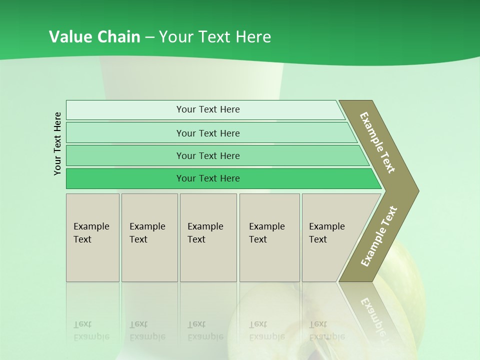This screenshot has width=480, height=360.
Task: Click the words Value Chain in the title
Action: coord(94,37)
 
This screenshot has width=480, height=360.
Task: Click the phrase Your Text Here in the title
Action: coord(215,37)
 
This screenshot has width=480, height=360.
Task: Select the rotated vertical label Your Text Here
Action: coord(57,143)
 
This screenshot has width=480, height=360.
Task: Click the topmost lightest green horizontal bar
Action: coord(207,109)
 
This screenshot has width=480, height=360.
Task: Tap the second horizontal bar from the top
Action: coord(207,133)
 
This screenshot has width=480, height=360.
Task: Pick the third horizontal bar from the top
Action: coord(207,155)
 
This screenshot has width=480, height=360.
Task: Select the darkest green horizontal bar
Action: coord(207,178)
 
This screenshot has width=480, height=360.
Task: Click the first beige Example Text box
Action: coord(92,237)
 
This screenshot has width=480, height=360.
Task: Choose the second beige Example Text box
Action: coord(149,237)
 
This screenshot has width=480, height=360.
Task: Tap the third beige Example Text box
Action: coord(208,237)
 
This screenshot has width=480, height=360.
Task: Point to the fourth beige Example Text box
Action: coord(269,237)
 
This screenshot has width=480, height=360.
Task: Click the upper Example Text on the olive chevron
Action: coord(377,142)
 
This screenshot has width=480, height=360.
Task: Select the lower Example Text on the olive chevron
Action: coord(378,236)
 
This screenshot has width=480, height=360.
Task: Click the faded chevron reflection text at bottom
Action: coord(374,315)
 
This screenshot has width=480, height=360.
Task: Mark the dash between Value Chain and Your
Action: coord(149,37)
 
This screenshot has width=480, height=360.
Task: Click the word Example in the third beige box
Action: coord(205,226)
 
